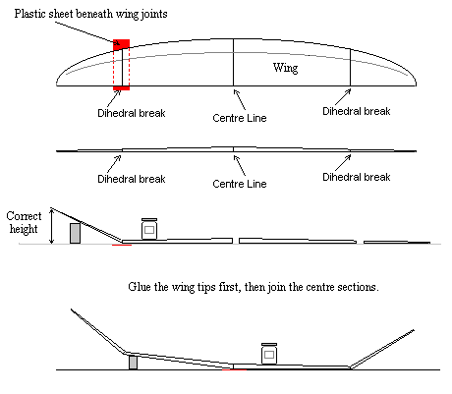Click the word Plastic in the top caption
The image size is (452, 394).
(29, 14)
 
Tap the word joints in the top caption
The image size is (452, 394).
(154, 14)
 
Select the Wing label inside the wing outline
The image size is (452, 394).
(286, 68)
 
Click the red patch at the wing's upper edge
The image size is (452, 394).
(121, 44)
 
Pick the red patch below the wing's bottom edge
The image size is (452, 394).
(121, 88)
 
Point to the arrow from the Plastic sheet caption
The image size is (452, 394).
(87, 32)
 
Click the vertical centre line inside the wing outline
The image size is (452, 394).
(234, 62)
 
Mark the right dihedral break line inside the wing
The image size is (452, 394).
(351, 68)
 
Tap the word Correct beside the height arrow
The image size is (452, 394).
(24, 216)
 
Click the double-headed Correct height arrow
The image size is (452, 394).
(51, 226)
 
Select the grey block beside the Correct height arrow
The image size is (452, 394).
(75, 233)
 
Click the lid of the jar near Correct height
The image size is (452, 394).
(149, 220)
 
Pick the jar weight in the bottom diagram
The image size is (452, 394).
(269, 354)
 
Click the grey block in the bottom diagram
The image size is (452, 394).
(133, 363)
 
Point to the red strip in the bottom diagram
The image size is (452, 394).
(234, 369)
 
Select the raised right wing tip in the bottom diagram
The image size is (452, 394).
(382, 349)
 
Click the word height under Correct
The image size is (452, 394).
(24, 229)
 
